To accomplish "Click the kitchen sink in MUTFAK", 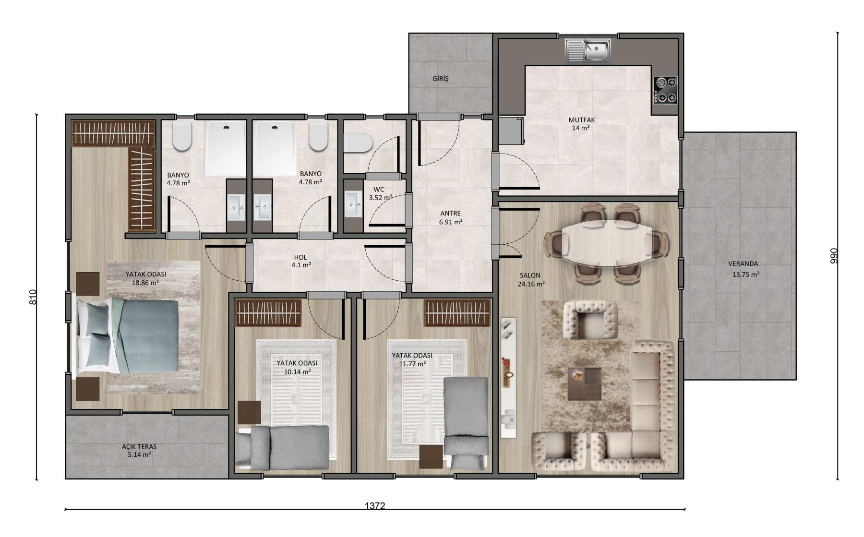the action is coord(588,51).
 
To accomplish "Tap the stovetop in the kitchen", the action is coord(665,90).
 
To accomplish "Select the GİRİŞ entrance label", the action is coord(440,78).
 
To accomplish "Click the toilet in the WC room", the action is coord(359,143).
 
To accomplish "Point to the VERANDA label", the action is coord(743,263).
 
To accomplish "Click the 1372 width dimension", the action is coord(375,506).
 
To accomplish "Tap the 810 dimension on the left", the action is coord(33,298).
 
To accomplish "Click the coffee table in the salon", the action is coord(584,384).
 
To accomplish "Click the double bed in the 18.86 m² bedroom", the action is coord(127,335).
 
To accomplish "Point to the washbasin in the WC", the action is coord(354,204).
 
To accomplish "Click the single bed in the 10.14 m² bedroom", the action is coord(283,448).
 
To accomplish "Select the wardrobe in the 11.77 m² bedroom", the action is coord(457,313).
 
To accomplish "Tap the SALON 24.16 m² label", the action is coord(531,280).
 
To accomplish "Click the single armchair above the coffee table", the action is coord(590,320).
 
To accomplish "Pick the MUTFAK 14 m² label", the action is coord(581,124).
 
